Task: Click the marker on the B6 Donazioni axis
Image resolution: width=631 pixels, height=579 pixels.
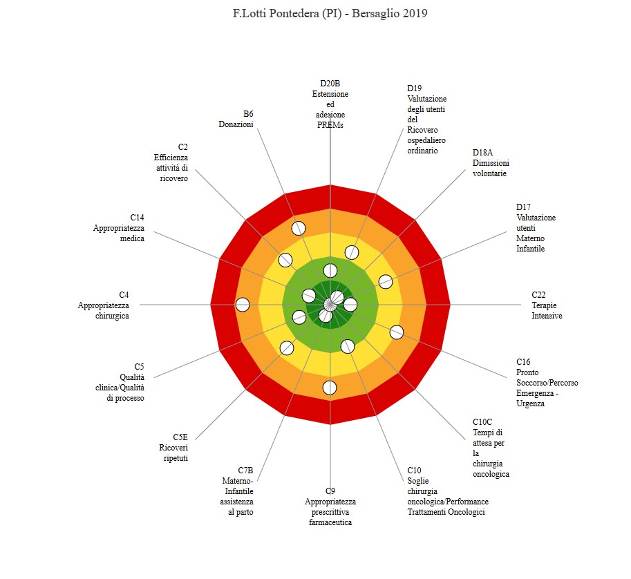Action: coord(299,228)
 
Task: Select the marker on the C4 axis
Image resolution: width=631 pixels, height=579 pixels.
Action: coord(243,305)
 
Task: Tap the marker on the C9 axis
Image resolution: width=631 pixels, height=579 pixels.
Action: coord(330,388)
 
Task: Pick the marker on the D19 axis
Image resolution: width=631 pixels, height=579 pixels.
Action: coord(352,253)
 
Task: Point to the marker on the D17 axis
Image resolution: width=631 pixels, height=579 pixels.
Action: coord(386,282)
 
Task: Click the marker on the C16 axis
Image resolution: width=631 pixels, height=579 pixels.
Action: coord(397,332)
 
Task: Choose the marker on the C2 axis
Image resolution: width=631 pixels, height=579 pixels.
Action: coord(285,260)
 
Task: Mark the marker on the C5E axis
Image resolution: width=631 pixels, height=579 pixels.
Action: coord(287,348)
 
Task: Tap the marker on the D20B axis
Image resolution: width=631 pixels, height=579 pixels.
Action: coord(330,271)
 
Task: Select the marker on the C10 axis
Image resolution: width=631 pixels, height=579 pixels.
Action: coord(348,346)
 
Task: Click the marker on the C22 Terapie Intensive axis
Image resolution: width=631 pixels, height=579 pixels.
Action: coord(350,305)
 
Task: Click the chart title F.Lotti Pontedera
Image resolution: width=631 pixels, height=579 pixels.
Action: coord(330,13)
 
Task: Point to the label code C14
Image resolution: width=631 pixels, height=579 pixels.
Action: coord(138,217)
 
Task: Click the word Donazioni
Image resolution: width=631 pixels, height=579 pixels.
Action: coord(236,124)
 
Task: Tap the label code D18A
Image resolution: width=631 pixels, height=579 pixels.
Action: coord(482,153)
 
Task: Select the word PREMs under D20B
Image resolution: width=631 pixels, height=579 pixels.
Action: coord(330,125)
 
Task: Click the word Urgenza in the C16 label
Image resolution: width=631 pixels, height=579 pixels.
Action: coord(530,404)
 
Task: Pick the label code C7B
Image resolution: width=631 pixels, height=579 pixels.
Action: coord(245,471)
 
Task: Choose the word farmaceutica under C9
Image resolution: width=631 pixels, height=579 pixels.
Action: coord(330,522)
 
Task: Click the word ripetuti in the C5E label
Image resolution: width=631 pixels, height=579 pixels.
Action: coord(176,458)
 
